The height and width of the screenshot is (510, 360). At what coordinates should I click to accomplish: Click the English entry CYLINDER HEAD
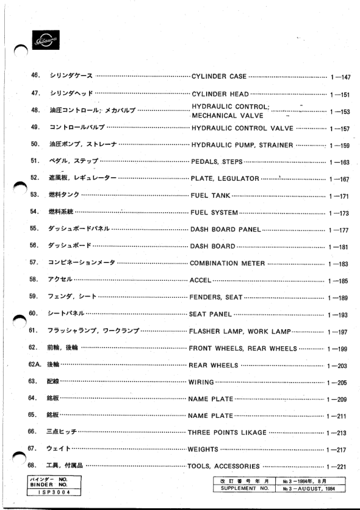(x=219, y=94)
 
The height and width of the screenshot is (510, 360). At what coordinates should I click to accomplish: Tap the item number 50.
(x=35, y=145)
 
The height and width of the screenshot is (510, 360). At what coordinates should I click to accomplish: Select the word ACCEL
(x=201, y=281)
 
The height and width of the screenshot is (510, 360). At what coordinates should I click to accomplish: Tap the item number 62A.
(x=34, y=366)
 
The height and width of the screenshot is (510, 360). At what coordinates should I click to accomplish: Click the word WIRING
(x=201, y=382)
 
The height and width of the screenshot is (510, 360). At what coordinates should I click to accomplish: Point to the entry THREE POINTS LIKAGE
(x=227, y=432)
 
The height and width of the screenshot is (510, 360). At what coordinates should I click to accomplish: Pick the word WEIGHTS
(x=204, y=449)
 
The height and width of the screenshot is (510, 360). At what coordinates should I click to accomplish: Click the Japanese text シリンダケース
(x=70, y=76)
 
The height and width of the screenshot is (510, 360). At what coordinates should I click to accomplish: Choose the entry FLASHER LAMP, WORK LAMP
(x=240, y=331)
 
